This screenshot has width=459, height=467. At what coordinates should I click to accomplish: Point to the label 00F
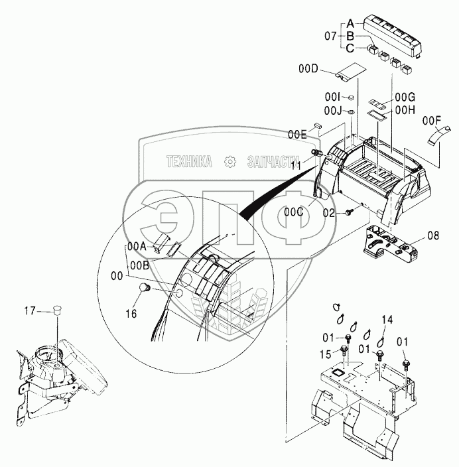tap(431, 121)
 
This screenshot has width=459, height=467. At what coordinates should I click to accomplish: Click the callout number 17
tap(30, 310)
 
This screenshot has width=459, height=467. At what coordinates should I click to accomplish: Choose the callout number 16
tap(131, 314)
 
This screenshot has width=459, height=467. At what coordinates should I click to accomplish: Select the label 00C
tap(294, 212)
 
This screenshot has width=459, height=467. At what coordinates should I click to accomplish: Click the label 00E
tap(297, 135)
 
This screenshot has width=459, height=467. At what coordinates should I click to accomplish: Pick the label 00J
tap(332, 110)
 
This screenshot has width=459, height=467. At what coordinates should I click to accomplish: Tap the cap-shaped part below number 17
tap(58, 310)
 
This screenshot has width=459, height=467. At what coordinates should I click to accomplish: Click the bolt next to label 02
tap(350, 212)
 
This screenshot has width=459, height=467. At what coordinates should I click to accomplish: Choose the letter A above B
tap(350, 22)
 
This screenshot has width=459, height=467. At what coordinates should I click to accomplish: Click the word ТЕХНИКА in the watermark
tap(189, 161)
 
